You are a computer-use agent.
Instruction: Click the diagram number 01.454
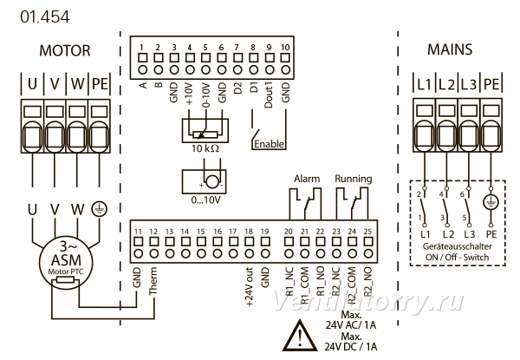(45, 17)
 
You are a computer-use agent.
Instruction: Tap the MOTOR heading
(65, 51)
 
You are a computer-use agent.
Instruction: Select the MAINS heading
(450, 49)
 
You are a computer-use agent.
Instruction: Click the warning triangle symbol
(300, 335)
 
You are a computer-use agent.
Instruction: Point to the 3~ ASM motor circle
(66, 262)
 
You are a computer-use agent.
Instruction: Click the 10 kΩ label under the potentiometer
(205, 148)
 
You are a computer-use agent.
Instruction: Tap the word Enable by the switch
(269, 144)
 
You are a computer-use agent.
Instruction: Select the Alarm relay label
(307, 179)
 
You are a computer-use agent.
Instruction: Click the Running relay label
(354, 179)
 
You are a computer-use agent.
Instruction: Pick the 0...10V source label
(205, 200)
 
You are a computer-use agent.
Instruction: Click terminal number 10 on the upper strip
(285, 48)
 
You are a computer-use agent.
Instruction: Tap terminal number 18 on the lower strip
(249, 232)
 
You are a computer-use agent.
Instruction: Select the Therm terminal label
(153, 281)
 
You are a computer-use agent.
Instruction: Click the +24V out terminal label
(250, 286)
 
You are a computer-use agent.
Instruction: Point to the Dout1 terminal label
(269, 95)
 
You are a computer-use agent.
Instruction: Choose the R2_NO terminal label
(368, 282)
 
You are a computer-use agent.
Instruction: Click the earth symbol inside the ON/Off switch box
(491, 201)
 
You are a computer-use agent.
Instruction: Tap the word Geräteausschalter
(457, 246)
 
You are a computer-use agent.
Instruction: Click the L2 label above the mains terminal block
(446, 84)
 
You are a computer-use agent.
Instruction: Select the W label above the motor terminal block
(77, 83)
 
